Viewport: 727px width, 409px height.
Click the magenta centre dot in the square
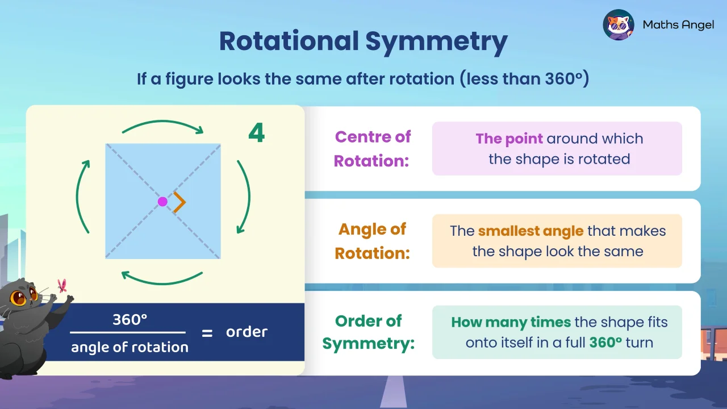pyautogui.click(x=162, y=202)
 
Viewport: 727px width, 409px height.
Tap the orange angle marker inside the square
pyautogui.click(x=180, y=202)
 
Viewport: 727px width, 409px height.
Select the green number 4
pyautogui.click(x=257, y=133)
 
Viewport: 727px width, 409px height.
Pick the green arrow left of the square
pyautogui.click(x=82, y=196)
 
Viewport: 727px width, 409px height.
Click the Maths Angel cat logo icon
pyautogui.click(x=619, y=24)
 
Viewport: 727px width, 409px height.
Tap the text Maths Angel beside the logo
pyautogui.click(x=678, y=25)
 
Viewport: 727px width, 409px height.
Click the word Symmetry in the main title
pyautogui.click(x=436, y=41)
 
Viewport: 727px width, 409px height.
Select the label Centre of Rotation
pyautogui.click(x=372, y=149)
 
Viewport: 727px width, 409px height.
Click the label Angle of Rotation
pyautogui.click(x=372, y=241)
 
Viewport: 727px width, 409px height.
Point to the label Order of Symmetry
pyautogui.click(x=369, y=332)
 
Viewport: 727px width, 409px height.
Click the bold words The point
pyautogui.click(x=509, y=139)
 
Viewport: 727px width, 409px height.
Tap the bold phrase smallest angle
pyautogui.click(x=530, y=231)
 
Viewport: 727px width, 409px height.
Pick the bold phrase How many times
pyautogui.click(x=511, y=323)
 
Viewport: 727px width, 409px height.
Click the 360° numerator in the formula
pyautogui.click(x=129, y=320)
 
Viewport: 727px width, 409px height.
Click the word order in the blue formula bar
pyautogui.click(x=246, y=332)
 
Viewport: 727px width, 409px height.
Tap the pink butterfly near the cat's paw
pyautogui.click(x=62, y=285)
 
